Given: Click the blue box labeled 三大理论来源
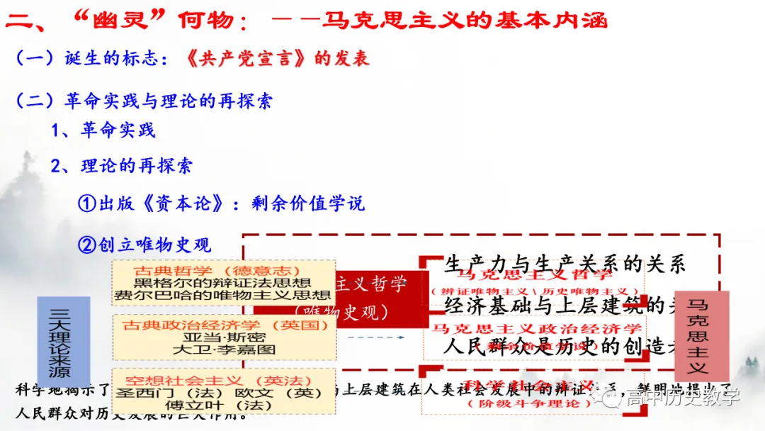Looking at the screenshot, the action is click(x=63, y=342).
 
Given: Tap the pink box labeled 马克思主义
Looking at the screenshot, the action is click(x=701, y=336).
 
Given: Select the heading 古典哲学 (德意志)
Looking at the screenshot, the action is click(x=222, y=270).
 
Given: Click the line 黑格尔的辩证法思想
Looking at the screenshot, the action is click(x=222, y=283).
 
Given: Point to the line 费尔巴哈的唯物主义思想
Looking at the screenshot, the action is click(x=222, y=296).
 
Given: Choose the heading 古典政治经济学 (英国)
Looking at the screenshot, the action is click(x=222, y=325).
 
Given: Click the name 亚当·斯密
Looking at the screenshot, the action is click(x=222, y=337).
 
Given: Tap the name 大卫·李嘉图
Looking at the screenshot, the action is click(x=222, y=349).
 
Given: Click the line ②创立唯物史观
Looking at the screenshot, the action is click(x=144, y=245).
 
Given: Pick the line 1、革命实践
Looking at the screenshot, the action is click(x=103, y=130).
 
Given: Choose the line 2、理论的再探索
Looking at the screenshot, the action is click(x=121, y=167).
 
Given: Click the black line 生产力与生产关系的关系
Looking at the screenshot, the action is click(x=565, y=264).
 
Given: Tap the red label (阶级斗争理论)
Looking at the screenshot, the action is click(x=529, y=403).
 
